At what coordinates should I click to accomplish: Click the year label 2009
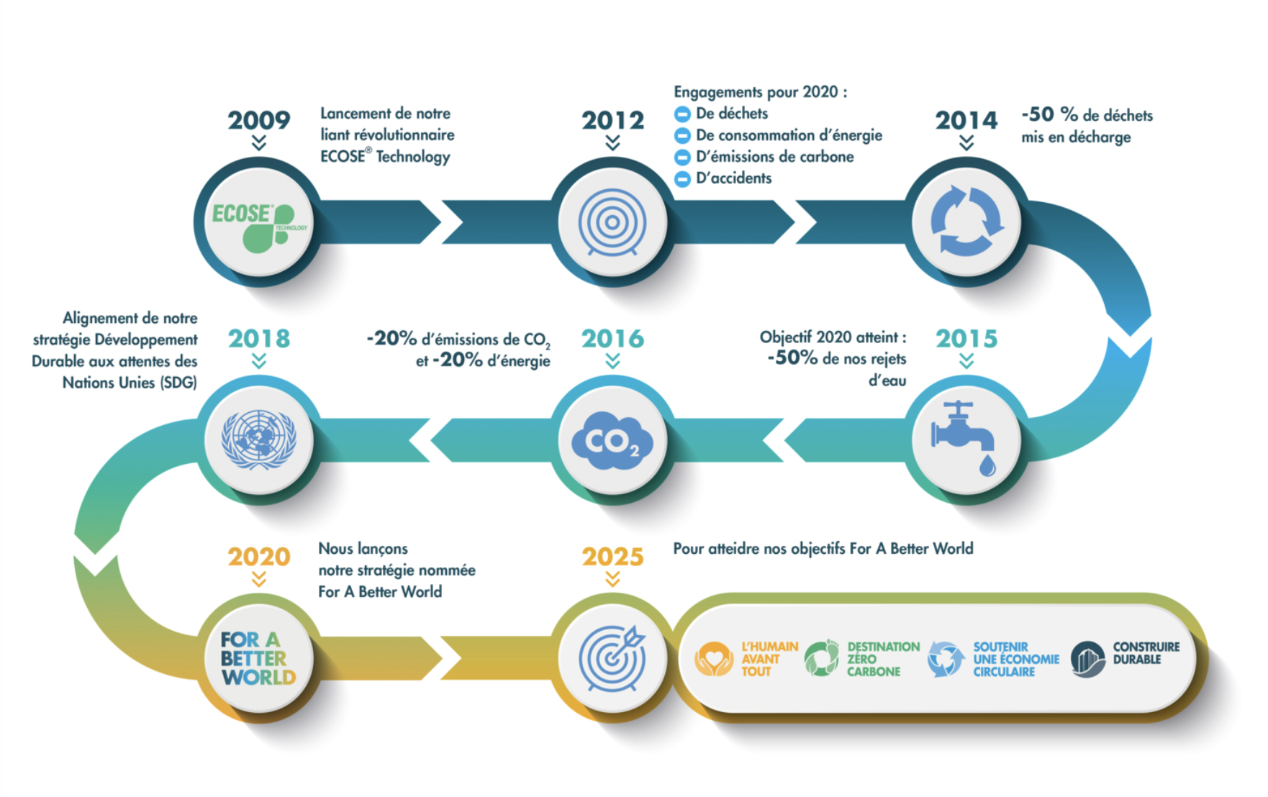[259, 120]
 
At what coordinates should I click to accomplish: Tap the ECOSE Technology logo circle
[259, 222]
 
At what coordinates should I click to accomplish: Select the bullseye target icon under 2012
[612, 222]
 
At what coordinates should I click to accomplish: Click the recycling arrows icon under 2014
[966, 221]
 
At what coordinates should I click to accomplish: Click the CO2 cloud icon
[612, 441]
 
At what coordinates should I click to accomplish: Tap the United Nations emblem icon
[259, 440]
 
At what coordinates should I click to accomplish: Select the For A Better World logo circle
[259, 658]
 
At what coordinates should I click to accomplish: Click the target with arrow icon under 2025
[612, 658]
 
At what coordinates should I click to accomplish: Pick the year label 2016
[612, 339]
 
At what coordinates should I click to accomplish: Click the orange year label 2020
[259, 557]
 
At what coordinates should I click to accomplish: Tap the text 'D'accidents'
[733, 178]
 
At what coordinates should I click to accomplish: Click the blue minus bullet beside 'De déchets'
[682, 114]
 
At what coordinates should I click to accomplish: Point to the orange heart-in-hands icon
[714, 659]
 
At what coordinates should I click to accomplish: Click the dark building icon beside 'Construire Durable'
[1088, 659]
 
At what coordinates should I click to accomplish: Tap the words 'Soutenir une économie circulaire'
[1016, 659]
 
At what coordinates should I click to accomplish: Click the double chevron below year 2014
[966, 142]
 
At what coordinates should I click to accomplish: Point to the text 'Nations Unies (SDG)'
[130, 383]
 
